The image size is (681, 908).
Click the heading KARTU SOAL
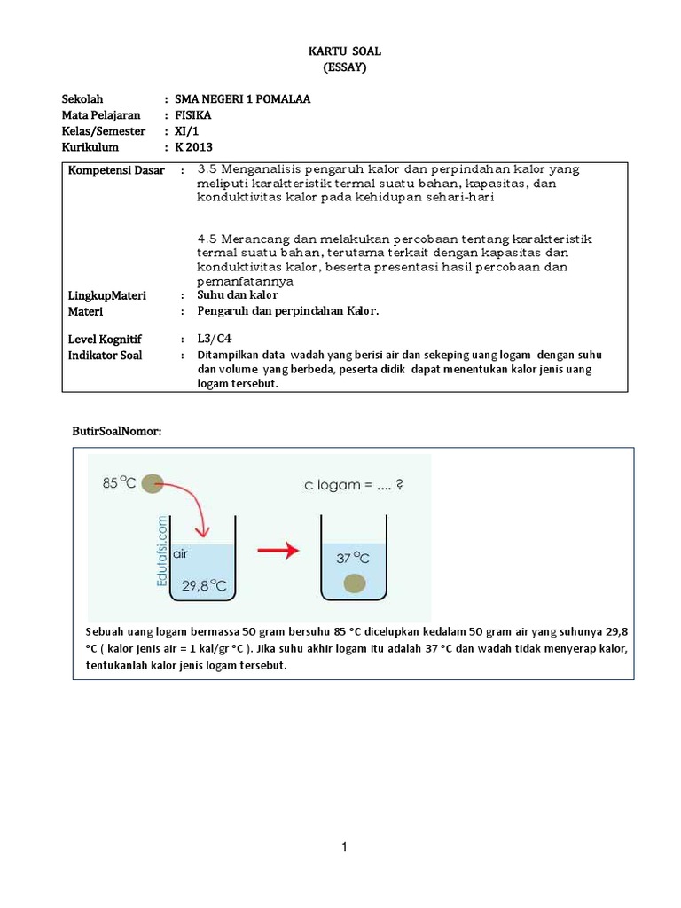click(340, 52)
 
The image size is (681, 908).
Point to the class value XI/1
click(188, 131)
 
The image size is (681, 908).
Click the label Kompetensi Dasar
click(116, 170)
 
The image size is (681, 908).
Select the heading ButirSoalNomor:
click(117, 431)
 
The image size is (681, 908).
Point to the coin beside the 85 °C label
click(153, 484)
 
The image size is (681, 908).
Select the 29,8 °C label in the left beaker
click(208, 586)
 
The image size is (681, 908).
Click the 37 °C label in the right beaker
click(354, 559)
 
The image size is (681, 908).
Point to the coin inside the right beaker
click(355, 583)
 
